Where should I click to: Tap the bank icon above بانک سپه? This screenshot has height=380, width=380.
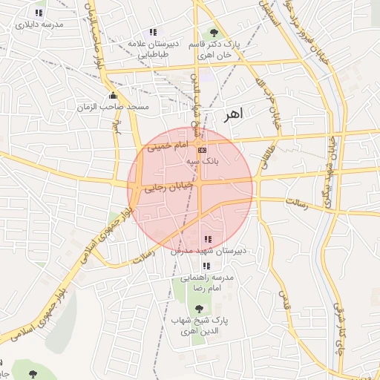(203, 149)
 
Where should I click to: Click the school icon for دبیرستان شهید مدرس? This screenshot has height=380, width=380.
(208, 239)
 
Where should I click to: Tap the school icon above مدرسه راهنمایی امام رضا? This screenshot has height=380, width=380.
(206, 266)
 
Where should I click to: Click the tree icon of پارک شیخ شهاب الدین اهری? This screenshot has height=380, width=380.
(197, 308)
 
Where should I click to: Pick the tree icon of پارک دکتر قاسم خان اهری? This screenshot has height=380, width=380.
(214, 33)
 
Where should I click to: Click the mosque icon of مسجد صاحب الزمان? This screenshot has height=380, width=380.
(113, 95)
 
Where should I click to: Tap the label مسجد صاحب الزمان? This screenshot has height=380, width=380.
(113, 108)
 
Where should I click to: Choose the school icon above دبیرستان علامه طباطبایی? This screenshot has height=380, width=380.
(153, 32)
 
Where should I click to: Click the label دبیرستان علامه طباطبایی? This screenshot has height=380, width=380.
(154, 49)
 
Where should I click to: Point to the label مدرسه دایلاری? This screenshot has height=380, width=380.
(39, 24)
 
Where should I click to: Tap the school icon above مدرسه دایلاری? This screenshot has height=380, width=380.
(39, 13)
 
